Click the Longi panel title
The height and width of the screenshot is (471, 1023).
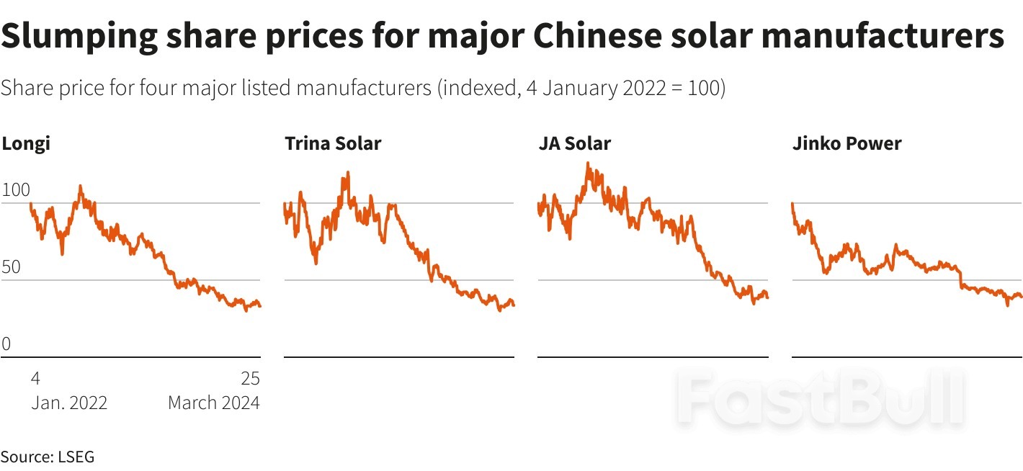pyautogui.click(x=26, y=143)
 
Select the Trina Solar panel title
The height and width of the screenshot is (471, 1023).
pyautogui.click(x=333, y=143)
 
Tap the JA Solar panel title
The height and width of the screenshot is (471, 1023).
pyautogui.click(x=574, y=143)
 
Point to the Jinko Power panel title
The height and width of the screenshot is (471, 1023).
pyautogui.click(x=846, y=143)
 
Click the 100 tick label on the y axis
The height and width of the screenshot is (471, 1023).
pyautogui.click(x=16, y=191)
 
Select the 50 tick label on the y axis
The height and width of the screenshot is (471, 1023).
pyautogui.click(x=11, y=268)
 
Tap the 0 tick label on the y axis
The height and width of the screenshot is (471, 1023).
pyautogui.click(x=6, y=344)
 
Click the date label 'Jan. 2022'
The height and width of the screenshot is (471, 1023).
pyautogui.click(x=69, y=402)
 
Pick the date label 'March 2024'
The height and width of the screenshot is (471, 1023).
pyautogui.click(x=213, y=402)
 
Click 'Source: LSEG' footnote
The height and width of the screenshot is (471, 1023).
pyautogui.click(x=48, y=457)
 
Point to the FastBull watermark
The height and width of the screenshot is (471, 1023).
pyautogui.click(x=821, y=396)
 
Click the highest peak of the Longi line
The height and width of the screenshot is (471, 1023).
pyautogui.click(x=80, y=186)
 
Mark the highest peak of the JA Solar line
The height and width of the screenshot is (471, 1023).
pyautogui.click(x=588, y=163)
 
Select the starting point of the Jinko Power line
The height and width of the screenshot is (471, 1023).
pyautogui.click(x=792, y=204)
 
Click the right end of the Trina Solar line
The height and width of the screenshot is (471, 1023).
pyautogui.click(x=513, y=305)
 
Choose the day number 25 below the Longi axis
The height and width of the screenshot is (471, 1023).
pyautogui.click(x=250, y=379)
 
